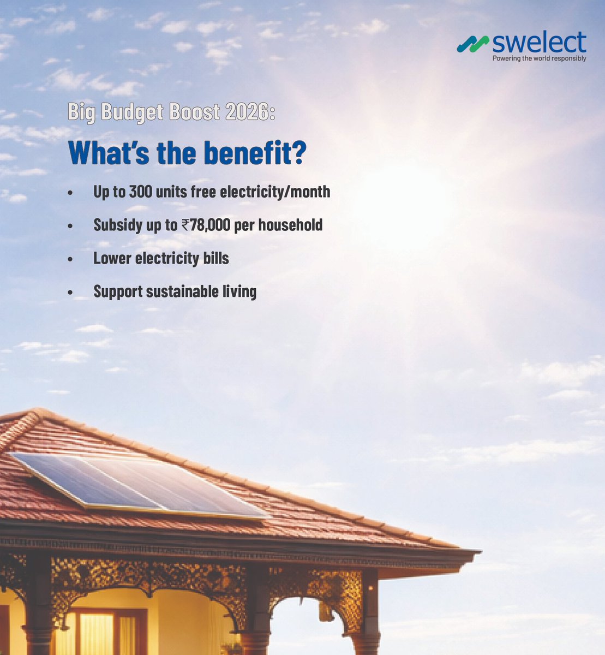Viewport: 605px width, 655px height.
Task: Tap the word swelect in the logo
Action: tap(538, 43)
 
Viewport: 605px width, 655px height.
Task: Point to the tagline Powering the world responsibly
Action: tap(539, 58)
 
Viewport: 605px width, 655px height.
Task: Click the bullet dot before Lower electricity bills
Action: tap(70, 259)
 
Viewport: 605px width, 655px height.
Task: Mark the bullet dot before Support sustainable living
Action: tap(70, 293)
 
